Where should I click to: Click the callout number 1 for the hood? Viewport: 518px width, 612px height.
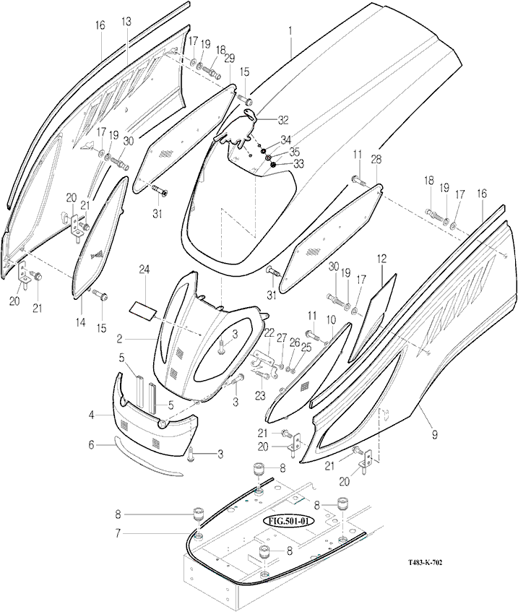[x=290, y=31]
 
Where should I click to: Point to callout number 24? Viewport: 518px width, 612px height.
[x=144, y=270]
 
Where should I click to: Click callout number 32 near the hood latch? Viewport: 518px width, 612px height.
[x=282, y=120]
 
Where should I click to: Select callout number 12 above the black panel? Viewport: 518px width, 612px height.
[x=381, y=257]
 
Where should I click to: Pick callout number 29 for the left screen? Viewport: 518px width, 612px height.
[x=230, y=57]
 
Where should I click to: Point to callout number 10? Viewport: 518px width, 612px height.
[x=330, y=319]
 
